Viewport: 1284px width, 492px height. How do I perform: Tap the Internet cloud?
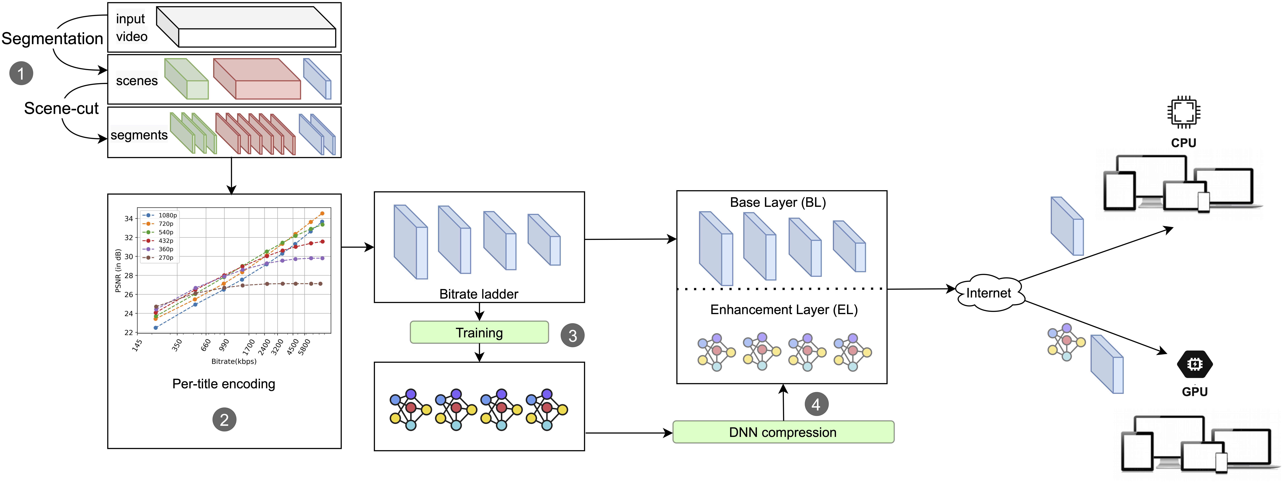989,293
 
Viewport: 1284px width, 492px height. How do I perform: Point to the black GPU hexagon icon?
1195,364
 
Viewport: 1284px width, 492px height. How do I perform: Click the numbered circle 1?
21,73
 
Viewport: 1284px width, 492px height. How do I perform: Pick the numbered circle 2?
224,420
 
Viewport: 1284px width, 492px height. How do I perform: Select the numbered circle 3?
572,335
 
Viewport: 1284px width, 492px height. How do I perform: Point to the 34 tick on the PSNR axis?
129,218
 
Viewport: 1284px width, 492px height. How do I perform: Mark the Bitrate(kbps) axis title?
234,361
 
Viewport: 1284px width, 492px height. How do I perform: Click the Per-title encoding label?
224,384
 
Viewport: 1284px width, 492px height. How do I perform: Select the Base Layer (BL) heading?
778,202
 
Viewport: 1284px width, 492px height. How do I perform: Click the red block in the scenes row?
257,79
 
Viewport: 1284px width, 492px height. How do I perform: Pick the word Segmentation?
52,38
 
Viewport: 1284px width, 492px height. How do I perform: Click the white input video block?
246,27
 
